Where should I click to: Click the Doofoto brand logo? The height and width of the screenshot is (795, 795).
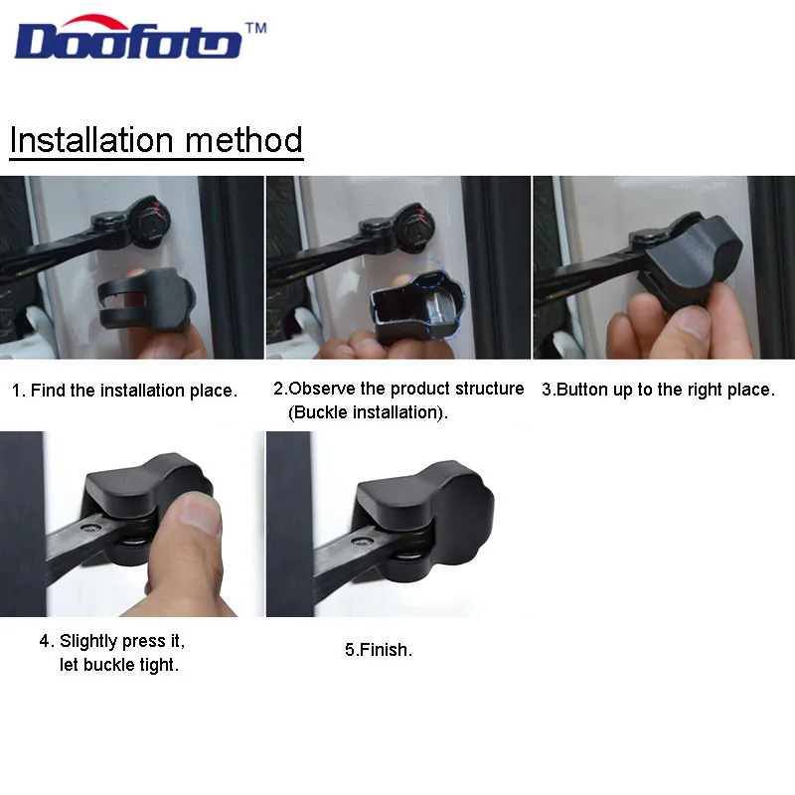128,41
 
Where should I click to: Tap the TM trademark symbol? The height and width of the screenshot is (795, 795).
255,29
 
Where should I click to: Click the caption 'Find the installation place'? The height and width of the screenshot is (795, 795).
124,391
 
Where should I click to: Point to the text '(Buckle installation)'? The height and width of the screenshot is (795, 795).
368,411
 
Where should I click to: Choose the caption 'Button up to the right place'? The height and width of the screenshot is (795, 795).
658,390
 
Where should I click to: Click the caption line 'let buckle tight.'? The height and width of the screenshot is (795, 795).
119,665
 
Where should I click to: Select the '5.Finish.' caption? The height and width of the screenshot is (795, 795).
379,650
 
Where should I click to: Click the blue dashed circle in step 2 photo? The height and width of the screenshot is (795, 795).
437,288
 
